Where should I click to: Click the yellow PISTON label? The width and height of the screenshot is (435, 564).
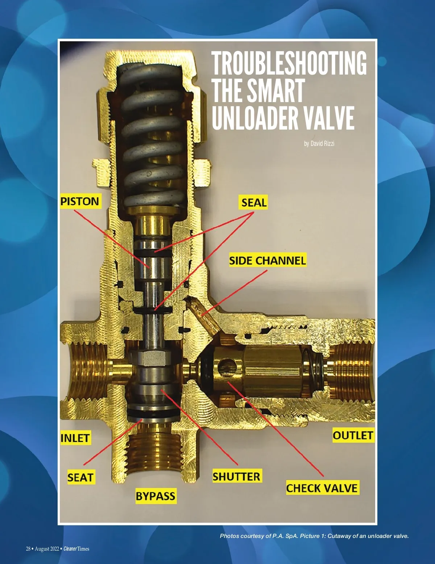click(x=80, y=201)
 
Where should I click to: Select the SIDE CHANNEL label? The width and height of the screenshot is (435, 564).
click(x=268, y=261)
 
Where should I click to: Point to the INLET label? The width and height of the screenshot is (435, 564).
click(x=75, y=438)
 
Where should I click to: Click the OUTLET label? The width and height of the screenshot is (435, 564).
click(x=353, y=435)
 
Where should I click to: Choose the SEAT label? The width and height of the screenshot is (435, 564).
click(x=80, y=477)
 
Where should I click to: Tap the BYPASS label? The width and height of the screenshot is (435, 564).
click(x=156, y=496)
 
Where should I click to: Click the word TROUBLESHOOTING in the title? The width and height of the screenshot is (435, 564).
click(x=289, y=63)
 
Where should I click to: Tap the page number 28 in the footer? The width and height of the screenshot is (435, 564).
click(x=28, y=549)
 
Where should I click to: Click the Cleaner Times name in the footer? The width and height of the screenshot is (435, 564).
click(x=76, y=549)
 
